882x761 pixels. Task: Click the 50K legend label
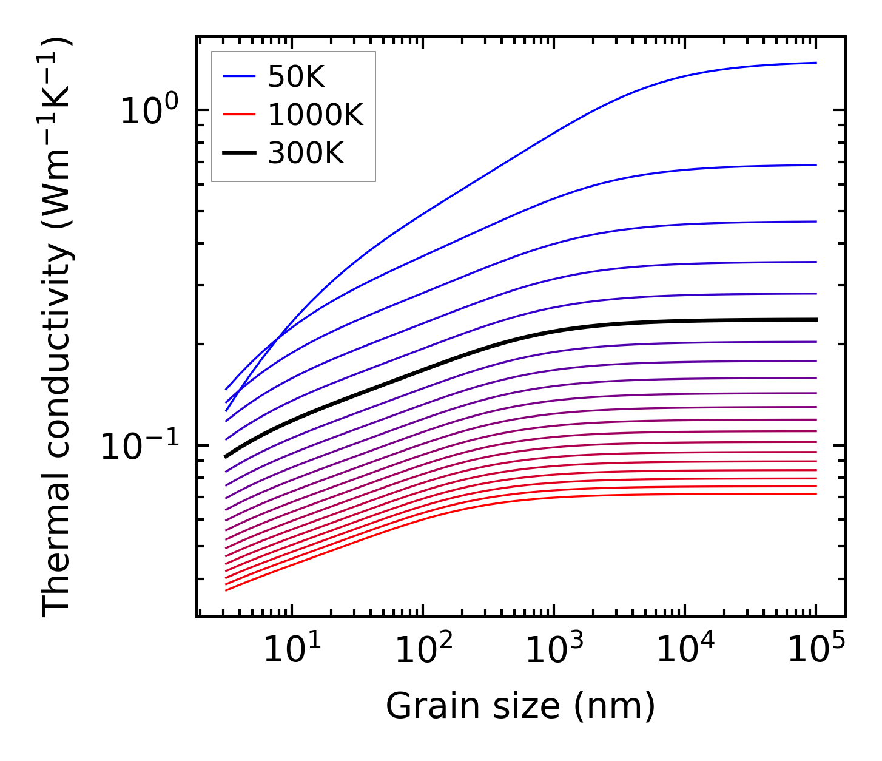pyautogui.click(x=297, y=77)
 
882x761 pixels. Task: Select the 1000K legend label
pyautogui.click(x=315, y=115)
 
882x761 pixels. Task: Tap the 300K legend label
pyautogui.click(x=306, y=154)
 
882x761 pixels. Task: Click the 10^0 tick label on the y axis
pyautogui.click(x=149, y=110)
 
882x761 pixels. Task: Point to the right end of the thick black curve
pyautogui.click(x=816, y=319)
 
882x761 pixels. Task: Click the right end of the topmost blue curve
pyautogui.click(x=816, y=63)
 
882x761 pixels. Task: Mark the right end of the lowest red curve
pyautogui.click(x=816, y=493)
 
